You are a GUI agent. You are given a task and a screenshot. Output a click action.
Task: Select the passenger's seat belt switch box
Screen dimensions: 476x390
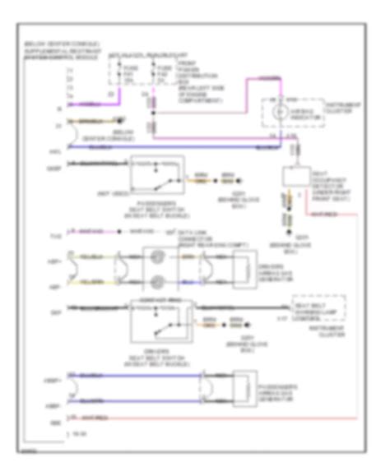pyautogui.click(x=156, y=174)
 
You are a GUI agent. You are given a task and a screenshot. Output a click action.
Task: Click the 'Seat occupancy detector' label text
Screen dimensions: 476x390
pyautogui.click(x=328, y=178)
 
